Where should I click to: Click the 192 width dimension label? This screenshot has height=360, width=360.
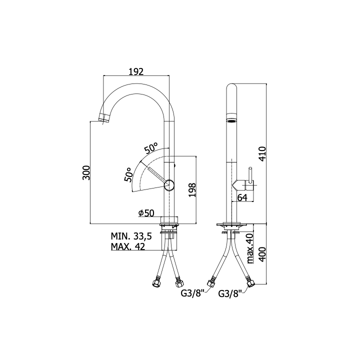pos(136,71)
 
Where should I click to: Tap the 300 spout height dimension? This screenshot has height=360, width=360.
pos(86,172)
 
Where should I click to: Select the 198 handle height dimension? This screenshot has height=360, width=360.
pos(192,190)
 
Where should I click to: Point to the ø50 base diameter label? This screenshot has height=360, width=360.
pos(146,213)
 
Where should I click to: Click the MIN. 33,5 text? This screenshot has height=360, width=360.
pos(131,236)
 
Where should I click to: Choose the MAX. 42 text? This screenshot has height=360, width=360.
pos(128,246)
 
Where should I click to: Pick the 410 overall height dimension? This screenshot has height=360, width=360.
pos(262,153)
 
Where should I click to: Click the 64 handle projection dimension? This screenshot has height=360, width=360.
pos(242,197)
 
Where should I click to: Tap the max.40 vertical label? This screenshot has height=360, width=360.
pos(250,248)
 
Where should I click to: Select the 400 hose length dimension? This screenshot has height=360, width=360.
pos(262,254)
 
